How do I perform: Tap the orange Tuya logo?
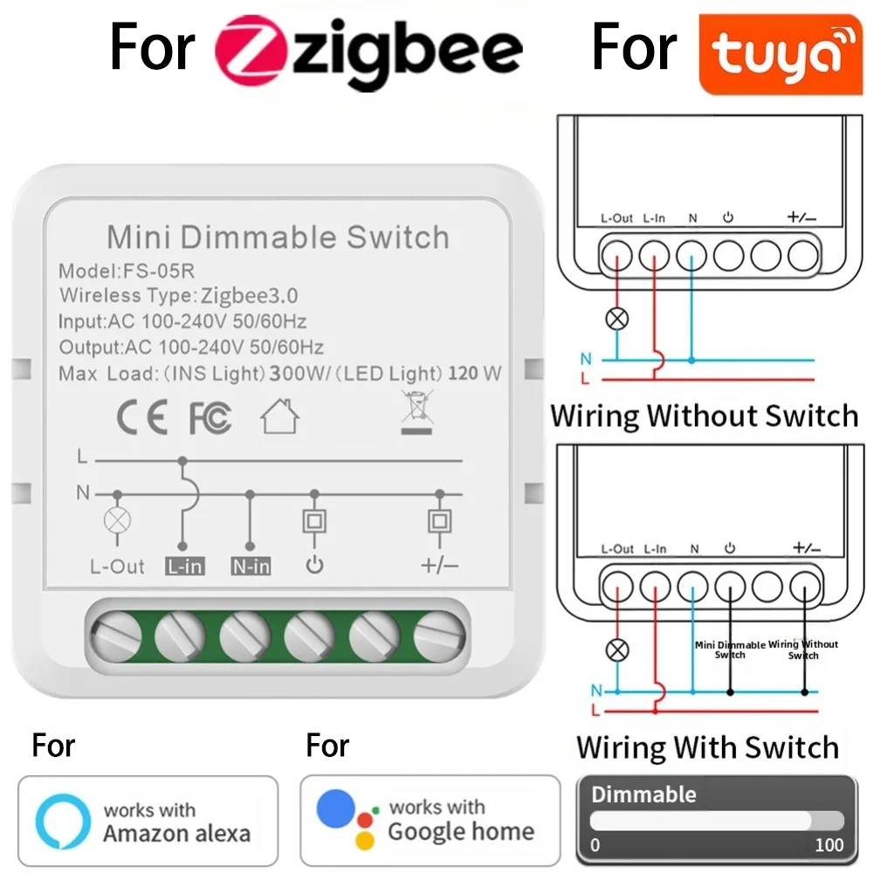780,53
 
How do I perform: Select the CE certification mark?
141,418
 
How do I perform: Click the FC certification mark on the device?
210,419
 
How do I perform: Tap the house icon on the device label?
279,416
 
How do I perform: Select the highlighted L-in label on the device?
184,567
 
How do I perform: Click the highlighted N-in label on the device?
251,567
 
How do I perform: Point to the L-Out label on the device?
117,567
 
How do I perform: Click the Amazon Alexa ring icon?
63,821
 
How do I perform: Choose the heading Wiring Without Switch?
704,415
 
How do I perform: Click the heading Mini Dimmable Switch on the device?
278,237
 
